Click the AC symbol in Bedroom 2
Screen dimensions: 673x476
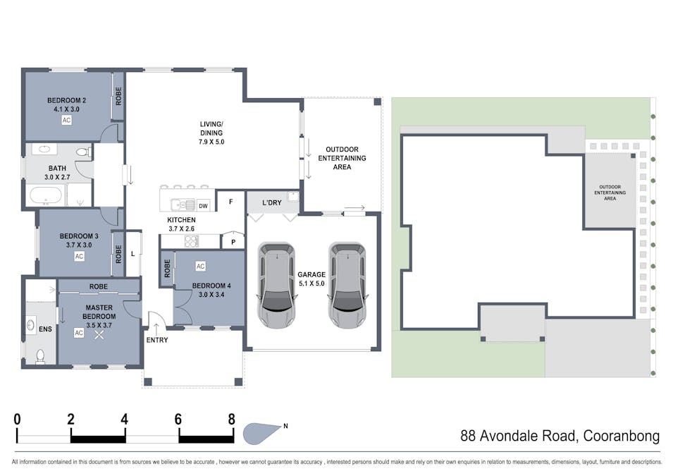tap(66, 120)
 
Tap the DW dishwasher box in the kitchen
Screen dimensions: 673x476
tap(203, 206)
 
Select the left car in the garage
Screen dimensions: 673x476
tap(277, 286)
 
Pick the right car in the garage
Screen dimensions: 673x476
tap(347, 286)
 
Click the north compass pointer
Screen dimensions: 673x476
tap(261, 433)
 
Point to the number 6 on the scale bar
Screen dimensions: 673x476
tap(178, 420)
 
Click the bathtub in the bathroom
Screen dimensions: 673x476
tap(46, 196)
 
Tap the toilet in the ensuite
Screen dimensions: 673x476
tap(40, 357)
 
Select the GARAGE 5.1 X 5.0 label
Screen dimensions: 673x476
tap(311, 279)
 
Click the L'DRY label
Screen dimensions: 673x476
tap(272, 202)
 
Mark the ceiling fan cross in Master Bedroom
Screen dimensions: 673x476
tap(99, 334)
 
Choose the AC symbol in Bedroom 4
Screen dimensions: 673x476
tap(200, 267)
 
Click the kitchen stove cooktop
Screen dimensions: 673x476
tap(192, 241)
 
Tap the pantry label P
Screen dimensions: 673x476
tap(233, 243)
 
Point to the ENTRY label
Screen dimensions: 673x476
tap(157, 340)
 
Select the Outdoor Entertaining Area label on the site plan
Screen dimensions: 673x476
tap(610, 193)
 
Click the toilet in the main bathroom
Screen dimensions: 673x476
tap(84, 152)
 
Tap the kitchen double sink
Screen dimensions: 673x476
tap(183, 205)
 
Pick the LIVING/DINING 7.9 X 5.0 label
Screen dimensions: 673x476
tap(211, 133)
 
